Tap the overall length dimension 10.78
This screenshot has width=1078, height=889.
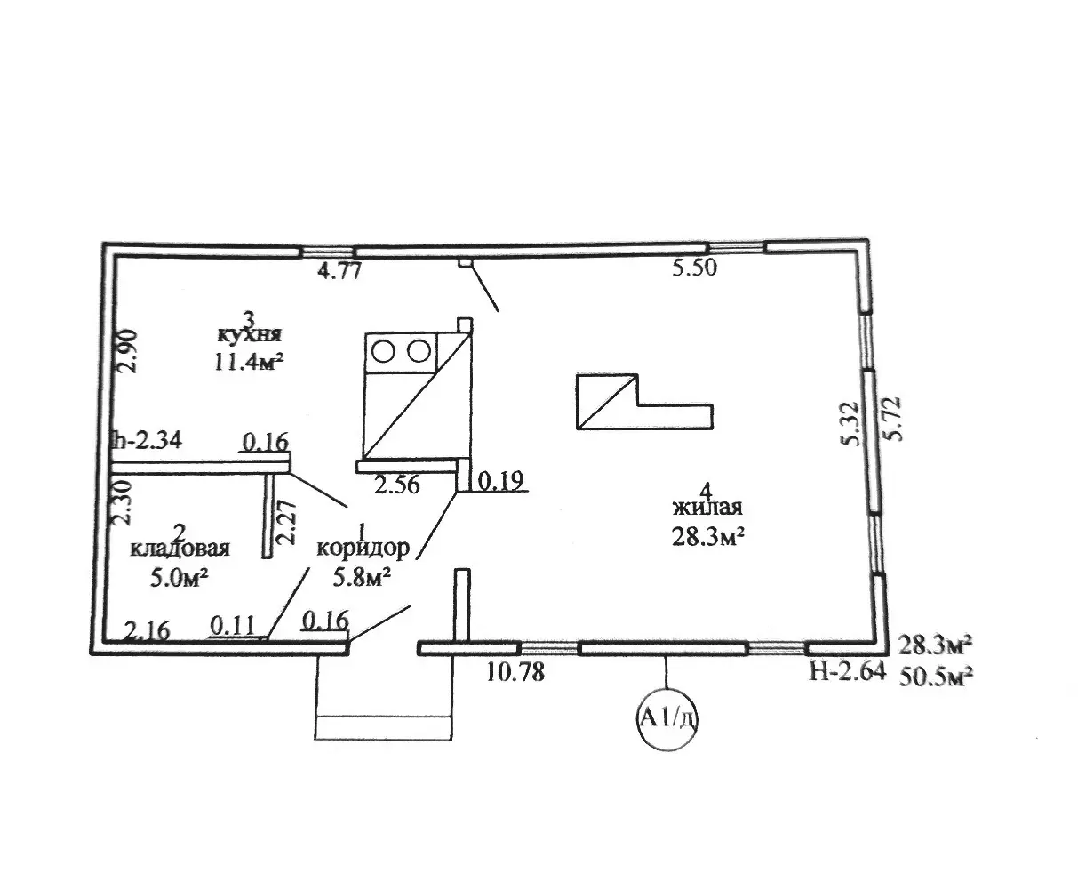pos(515,672)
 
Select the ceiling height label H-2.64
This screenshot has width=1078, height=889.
pos(847,672)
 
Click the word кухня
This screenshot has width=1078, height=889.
pos(250,334)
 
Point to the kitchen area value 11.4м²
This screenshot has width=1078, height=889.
pos(249,361)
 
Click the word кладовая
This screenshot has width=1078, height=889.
pos(180,548)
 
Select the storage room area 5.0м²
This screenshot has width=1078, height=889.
pos(179,578)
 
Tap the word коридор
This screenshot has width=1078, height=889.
pos(363,549)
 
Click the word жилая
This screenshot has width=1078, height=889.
pos(707,508)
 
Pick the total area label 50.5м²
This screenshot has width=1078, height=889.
pos(936,677)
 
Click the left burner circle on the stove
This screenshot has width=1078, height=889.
pos(384,352)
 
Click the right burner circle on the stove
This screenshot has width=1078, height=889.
pos(419,352)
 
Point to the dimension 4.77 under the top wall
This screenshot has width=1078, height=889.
pos(339,271)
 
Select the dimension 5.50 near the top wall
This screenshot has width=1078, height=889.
pos(694,268)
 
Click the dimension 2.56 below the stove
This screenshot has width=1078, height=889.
pos(396,485)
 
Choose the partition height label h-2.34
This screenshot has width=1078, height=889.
pos(147,441)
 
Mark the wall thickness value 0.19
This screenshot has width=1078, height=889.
pos(500,481)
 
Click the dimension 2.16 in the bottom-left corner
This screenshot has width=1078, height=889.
pos(148,630)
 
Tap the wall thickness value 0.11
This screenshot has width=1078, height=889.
pos(233,627)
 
